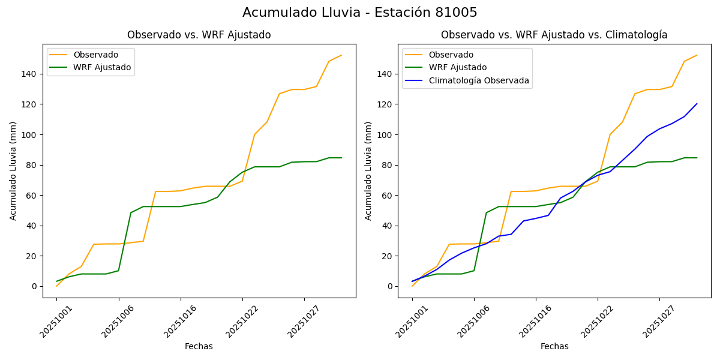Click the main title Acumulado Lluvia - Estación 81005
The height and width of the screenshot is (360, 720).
(360, 13)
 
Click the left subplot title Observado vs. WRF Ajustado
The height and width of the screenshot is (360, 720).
(199, 35)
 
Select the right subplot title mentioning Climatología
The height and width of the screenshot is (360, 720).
(554, 35)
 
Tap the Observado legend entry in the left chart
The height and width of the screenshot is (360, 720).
(95, 55)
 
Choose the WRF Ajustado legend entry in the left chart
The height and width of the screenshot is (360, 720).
(102, 67)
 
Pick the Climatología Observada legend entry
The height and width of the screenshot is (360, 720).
(479, 80)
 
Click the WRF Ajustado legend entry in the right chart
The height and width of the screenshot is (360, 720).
(457, 67)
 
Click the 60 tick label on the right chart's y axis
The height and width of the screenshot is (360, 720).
(388, 195)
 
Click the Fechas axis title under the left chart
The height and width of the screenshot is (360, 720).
(199, 346)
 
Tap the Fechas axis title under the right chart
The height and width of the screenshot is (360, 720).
(554, 346)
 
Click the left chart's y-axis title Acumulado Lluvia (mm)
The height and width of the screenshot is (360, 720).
(13, 170)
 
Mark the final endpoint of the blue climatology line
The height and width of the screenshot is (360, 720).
(697, 104)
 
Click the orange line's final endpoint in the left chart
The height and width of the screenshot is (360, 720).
(341, 55)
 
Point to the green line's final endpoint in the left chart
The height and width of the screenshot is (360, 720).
(341, 158)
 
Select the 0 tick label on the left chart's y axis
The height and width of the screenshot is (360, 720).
(35, 286)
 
